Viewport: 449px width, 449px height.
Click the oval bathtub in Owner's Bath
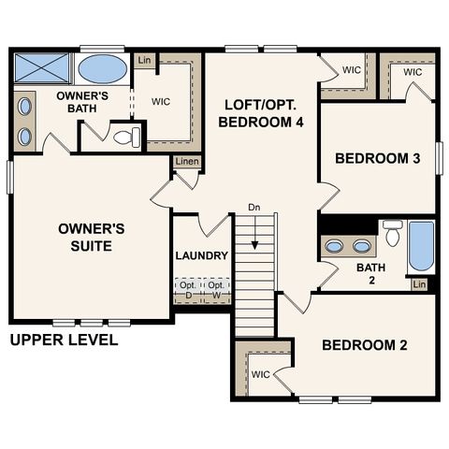click(103, 69)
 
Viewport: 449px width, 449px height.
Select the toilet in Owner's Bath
click(123, 138)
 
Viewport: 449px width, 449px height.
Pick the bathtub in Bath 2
click(421, 245)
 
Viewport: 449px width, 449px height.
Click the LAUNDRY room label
click(202, 255)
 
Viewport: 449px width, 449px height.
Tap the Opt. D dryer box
click(188, 289)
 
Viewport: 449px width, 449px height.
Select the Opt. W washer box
click(216, 289)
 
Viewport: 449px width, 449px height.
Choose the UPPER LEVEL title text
click(64, 340)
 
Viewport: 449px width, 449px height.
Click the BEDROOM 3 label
click(377, 159)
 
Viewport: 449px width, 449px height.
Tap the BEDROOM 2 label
click(365, 345)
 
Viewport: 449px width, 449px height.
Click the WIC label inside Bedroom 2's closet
click(262, 374)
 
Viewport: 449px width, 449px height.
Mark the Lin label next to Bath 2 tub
click(419, 283)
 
